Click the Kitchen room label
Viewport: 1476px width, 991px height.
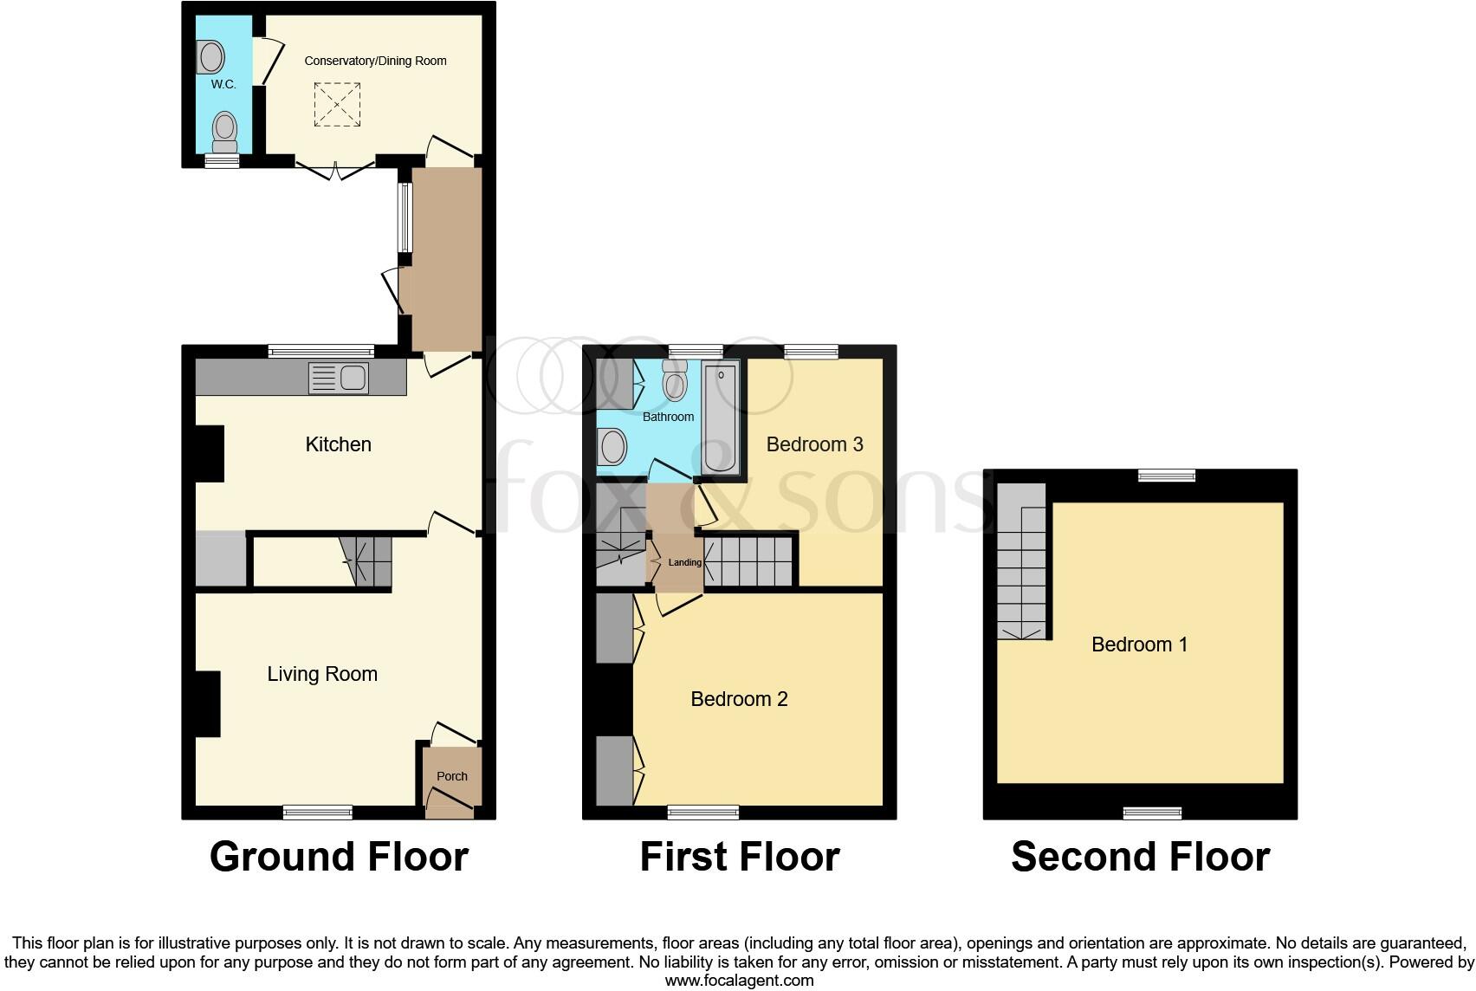338,444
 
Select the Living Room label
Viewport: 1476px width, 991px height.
322,674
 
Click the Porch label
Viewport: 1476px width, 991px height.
451,776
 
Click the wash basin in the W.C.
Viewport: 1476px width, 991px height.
210,58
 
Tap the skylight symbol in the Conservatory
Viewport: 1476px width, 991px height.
336,104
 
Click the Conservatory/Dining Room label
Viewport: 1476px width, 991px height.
376,61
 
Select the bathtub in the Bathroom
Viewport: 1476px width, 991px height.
720,418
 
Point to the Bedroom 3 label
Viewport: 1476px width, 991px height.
814,444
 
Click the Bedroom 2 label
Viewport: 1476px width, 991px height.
739,699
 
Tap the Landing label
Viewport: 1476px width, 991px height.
684,562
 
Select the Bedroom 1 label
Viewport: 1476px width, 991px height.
1139,644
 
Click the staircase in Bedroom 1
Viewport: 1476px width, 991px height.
1022,563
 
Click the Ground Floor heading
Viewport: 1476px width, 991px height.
339,857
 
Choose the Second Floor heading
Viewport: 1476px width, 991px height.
1140,857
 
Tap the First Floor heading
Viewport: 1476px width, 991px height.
739,857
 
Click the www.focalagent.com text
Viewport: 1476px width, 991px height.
739,981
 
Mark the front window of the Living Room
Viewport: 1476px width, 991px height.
318,812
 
